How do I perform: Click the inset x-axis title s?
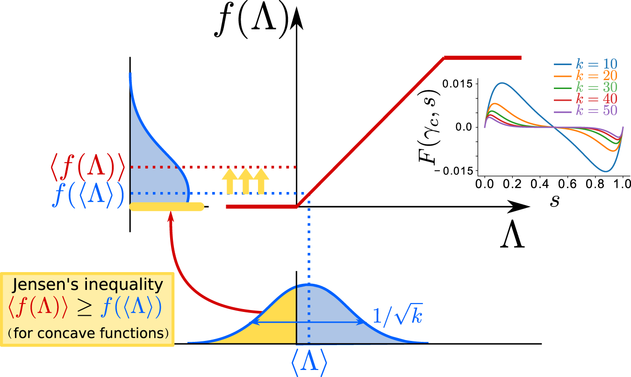(x=554, y=201)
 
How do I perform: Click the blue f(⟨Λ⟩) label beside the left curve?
(x=88, y=193)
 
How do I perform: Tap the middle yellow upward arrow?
(x=245, y=182)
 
